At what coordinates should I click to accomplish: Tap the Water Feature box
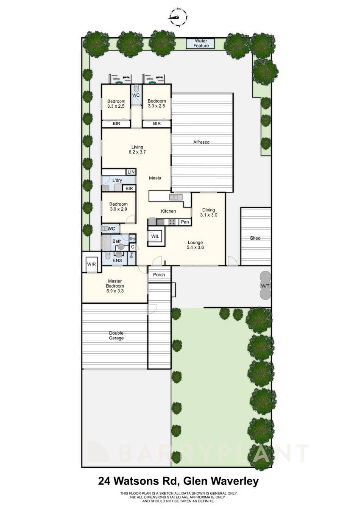[201, 43]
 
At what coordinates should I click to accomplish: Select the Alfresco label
[202, 143]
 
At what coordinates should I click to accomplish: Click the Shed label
[255, 238]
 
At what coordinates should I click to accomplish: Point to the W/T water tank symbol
[265, 286]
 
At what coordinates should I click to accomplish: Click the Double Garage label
[116, 336]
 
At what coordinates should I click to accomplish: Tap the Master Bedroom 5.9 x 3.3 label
[115, 283]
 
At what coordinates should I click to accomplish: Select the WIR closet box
[92, 264]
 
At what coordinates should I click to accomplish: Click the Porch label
[159, 275]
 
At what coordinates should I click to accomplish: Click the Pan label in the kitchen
[184, 222]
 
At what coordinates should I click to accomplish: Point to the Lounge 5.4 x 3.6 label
[195, 245]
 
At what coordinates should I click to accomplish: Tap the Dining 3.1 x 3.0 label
[209, 213]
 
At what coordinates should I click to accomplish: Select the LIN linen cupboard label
[131, 172]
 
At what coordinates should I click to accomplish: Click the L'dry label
[117, 181]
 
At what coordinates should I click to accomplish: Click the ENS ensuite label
[117, 260]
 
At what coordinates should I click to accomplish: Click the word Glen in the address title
[194, 481]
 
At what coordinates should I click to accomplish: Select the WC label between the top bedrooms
[136, 95]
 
